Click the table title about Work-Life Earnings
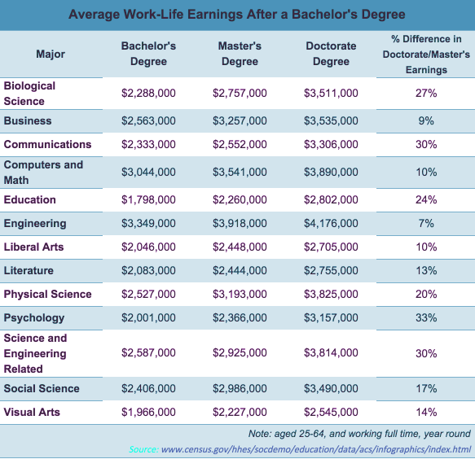[x=237, y=14]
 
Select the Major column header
[x=51, y=54]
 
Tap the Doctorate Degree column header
[x=331, y=54]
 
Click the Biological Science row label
[x=29, y=94]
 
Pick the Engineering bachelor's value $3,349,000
[x=148, y=223]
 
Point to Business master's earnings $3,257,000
[x=240, y=120]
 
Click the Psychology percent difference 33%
[x=426, y=317]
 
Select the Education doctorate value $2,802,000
[x=331, y=199]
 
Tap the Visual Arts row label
[x=32, y=412]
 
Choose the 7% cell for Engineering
[x=426, y=223]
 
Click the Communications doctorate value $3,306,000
[x=331, y=144]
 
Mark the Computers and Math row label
[x=43, y=173]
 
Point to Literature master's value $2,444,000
[x=240, y=270]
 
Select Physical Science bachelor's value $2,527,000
[x=148, y=294]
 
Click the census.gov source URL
[x=316, y=449]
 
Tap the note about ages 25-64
[x=359, y=434]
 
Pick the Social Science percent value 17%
[x=426, y=388]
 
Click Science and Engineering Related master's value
[x=240, y=353]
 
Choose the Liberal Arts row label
[x=33, y=247]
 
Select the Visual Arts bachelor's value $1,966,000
[x=148, y=412]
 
